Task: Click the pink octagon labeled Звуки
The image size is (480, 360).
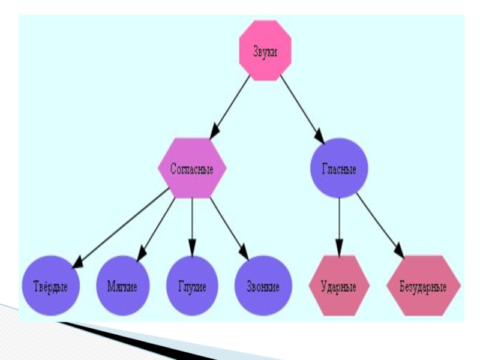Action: (265, 51)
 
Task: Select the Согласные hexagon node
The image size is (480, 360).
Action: (192, 169)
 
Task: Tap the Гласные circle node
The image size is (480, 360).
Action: (339, 169)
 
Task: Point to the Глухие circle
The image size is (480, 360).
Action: (192, 286)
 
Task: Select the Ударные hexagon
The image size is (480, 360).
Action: (339, 286)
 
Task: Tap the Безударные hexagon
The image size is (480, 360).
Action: (424, 286)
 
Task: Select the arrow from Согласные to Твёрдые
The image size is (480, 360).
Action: (120, 227)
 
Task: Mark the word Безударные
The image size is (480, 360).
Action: (424, 286)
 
